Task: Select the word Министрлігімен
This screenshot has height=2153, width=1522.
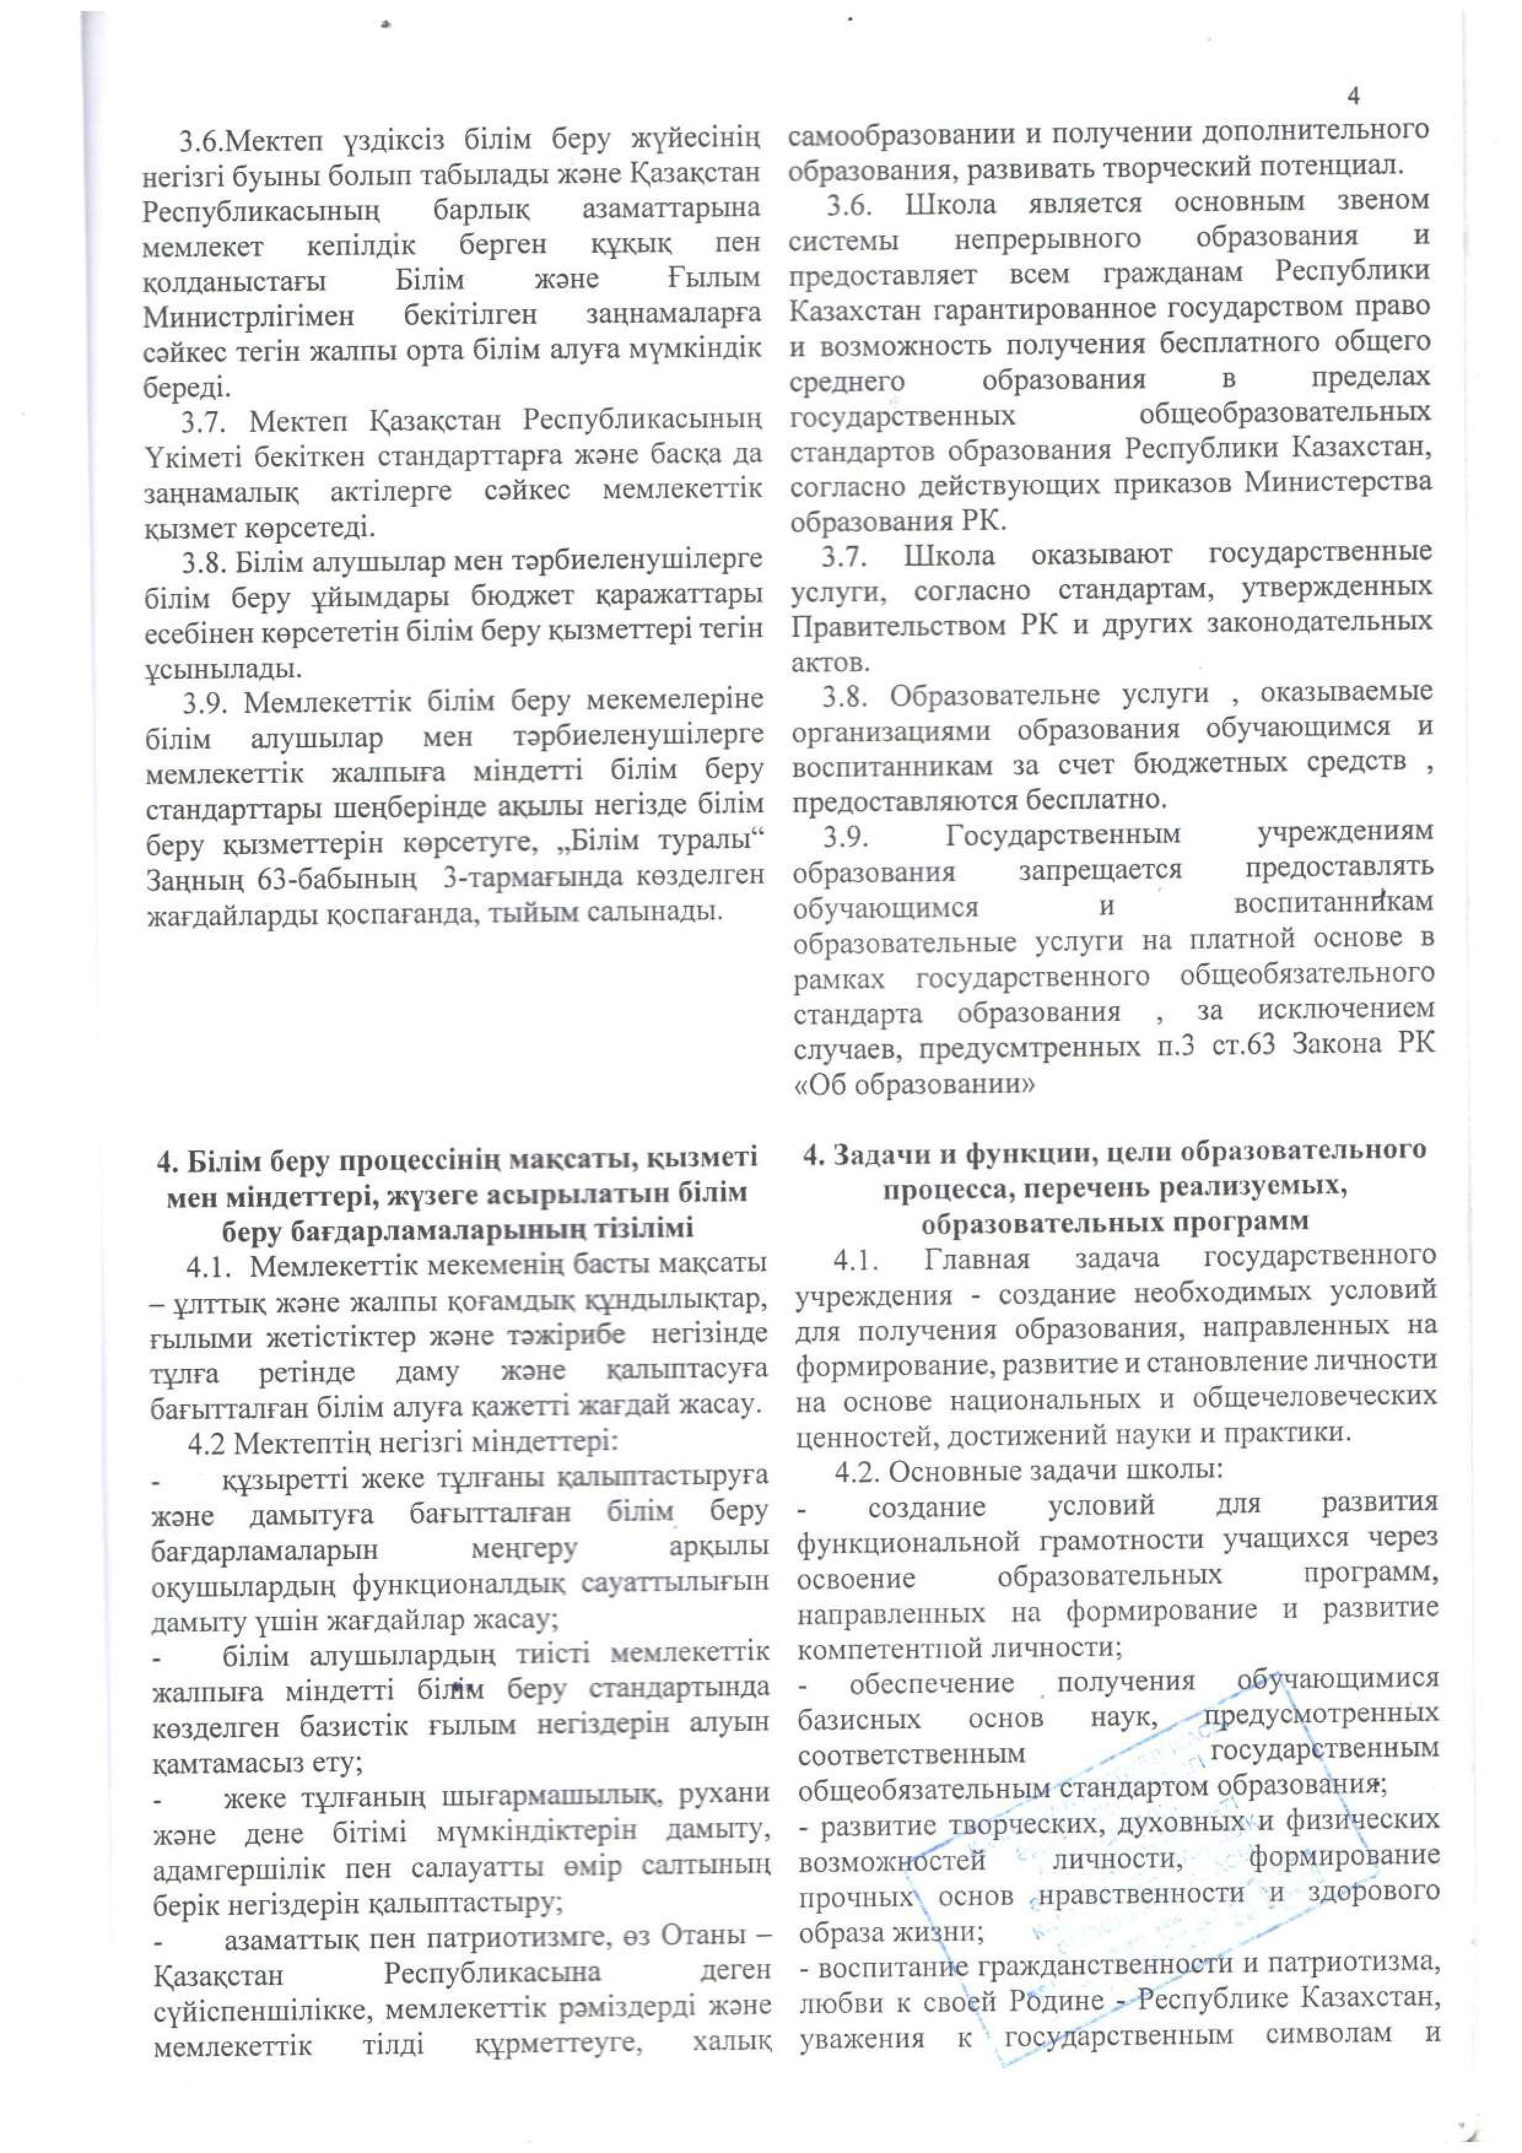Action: click(x=249, y=316)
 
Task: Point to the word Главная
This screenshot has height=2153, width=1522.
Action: click(x=976, y=1258)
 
